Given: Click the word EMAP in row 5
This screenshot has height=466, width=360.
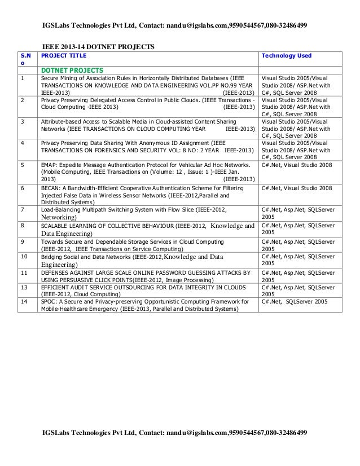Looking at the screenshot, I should (x=50, y=166).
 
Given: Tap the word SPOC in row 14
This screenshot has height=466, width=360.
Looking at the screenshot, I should (x=50, y=302).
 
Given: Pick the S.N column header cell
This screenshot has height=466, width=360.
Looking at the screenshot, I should (x=25, y=60).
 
